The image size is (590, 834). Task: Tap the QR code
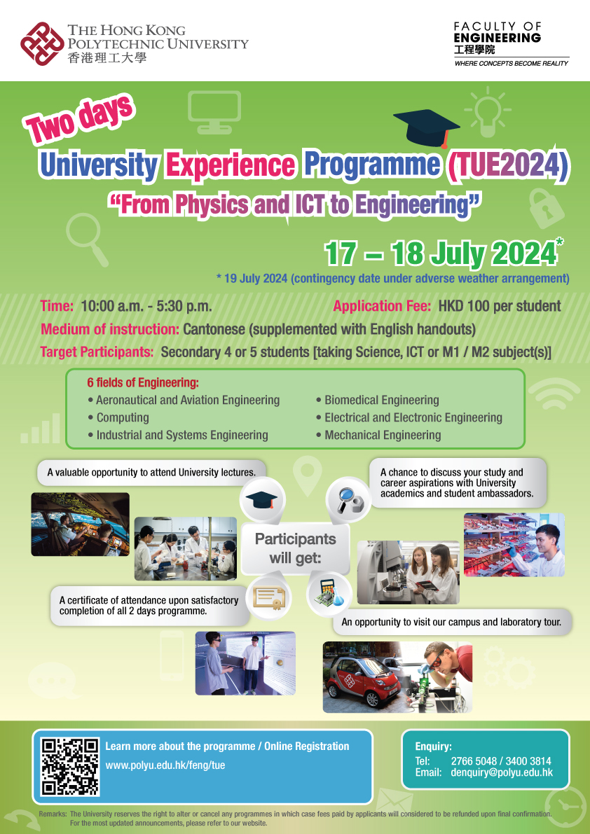pyautogui.click(x=70, y=767)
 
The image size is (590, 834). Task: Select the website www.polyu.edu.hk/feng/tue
pyautogui.click(x=165, y=765)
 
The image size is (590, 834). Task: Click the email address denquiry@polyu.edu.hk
pyautogui.click(x=502, y=772)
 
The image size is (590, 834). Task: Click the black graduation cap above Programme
pyautogui.click(x=426, y=127)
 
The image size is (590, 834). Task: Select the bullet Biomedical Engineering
pyautogui.click(x=381, y=401)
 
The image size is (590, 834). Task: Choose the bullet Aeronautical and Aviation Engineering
pyautogui.click(x=187, y=401)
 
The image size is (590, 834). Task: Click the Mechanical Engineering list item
pyautogui.click(x=383, y=435)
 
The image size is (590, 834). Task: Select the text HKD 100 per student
pyautogui.click(x=500, y=306)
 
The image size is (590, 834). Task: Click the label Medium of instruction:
pyautogui.click(x=110, y=329)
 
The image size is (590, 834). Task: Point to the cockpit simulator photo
pyautogui.click(x=81, y=524)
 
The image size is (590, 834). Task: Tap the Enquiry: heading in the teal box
pyautogui.click(x=433, y=746)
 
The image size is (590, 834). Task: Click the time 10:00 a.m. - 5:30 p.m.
pyautogui.click(x=146, y=306)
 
